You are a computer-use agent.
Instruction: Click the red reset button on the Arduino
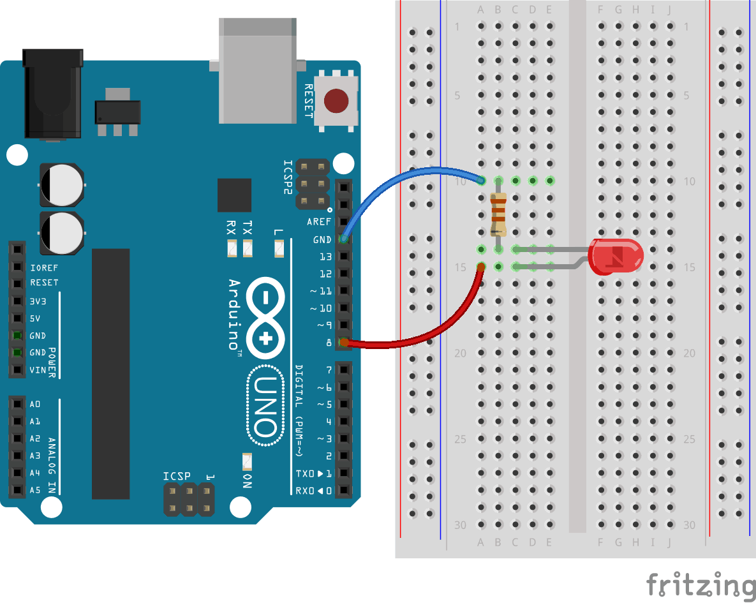336,101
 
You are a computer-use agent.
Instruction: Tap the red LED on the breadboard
616,257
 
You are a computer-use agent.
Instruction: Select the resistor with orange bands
498,214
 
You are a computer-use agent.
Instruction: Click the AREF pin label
319,222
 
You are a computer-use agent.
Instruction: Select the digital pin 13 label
325,257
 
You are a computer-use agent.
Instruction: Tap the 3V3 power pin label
38,301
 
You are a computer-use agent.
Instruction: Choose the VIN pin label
38,370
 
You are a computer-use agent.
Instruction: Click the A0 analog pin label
34,405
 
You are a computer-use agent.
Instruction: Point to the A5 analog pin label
34,490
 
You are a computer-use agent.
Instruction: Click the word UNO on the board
265,406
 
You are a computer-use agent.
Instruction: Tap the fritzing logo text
700,584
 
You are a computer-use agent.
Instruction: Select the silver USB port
258,71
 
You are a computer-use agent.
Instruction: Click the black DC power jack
52,94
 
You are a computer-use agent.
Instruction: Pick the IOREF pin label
44,268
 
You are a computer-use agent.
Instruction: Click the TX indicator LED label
248,227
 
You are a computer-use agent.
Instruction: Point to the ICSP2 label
288,177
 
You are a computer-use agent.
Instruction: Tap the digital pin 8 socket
344,343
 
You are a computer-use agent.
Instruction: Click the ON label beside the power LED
247,481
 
